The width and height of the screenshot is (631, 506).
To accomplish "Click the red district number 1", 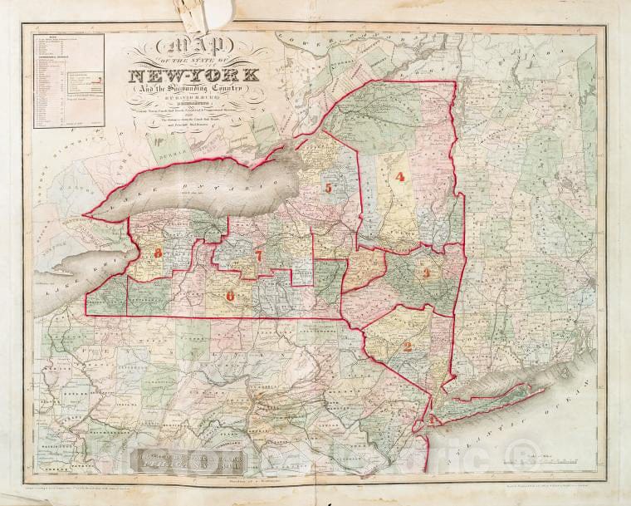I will (x=433, y=418).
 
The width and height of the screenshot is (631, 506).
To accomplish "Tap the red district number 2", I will (x=407, y=347).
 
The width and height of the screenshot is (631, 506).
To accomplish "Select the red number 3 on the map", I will (x=426, y=273).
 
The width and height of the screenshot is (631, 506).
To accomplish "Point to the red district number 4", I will (x=399, y=176).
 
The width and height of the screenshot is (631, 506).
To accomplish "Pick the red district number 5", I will (x=328, y=189).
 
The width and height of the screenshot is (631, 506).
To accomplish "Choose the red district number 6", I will (x=230, y=294).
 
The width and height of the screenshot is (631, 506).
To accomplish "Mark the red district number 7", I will (x=258, y=256).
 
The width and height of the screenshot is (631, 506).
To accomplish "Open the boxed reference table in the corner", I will (x=69, y=81).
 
